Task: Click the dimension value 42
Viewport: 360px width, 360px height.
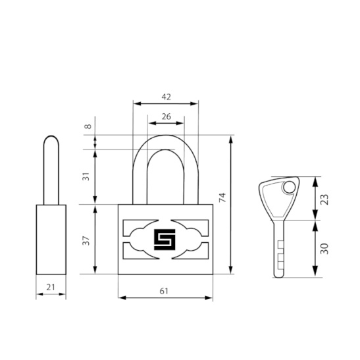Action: [167, 97]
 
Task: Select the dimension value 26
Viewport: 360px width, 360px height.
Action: [167, 116]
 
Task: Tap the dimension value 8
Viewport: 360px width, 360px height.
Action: [88, 126]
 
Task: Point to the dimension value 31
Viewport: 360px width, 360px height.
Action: [86, 176]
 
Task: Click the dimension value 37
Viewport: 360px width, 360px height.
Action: [86, 240]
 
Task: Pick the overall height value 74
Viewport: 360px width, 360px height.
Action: [222, 197]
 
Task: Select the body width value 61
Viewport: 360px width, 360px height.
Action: [164, 291]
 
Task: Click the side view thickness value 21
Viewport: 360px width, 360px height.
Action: [51, 287]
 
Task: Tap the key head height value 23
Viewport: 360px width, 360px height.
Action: [324, 199]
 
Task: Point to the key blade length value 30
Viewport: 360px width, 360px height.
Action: [324, 249]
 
